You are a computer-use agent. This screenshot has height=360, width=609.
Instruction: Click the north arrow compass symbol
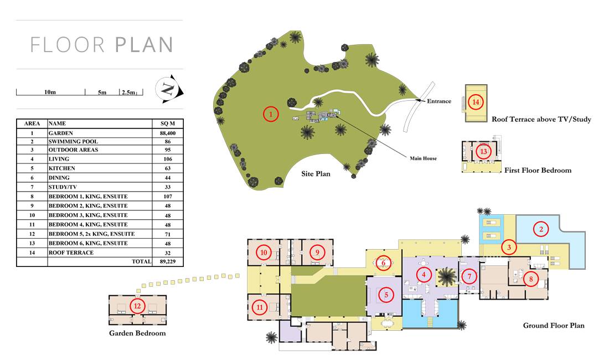(x=168, y=89)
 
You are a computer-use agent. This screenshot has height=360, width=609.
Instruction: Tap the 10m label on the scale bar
(x=50, y=92)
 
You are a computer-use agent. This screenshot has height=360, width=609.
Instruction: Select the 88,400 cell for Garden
(x=168, y=133)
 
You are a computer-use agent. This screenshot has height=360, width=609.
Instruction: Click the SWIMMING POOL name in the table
(x=73, y=141)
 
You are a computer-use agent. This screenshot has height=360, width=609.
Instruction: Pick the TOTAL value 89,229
(x=168, y=261)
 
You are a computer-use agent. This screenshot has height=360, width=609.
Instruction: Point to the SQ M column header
(x=168, y=124)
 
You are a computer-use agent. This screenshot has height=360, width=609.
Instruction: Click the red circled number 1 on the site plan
(x=271, y=114)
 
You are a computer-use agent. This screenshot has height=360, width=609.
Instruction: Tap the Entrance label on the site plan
(x=439, y=101)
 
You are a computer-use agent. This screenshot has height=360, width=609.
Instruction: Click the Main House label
(x=424, y=158)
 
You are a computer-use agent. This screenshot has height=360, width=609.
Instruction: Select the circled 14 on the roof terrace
(x=476, y=102)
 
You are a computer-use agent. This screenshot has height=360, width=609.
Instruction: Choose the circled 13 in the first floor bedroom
(x=483, y=151)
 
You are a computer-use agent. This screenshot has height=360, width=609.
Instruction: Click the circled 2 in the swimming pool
(x=541, y=229)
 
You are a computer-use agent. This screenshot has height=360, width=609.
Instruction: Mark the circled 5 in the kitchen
(x=386, y=295)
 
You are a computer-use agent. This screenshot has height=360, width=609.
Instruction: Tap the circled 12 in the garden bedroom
(x=137, y=306)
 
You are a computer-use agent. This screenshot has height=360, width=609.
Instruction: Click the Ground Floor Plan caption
(x=554, y=326)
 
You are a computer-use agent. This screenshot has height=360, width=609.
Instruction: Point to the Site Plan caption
(x=316, y=173)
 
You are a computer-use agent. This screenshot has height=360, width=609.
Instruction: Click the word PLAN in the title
(x=144, y=45)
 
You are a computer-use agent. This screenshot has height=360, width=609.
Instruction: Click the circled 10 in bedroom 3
(x=264, y=253)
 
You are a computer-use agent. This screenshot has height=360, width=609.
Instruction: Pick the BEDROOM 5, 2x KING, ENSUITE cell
(x=92, y=234)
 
